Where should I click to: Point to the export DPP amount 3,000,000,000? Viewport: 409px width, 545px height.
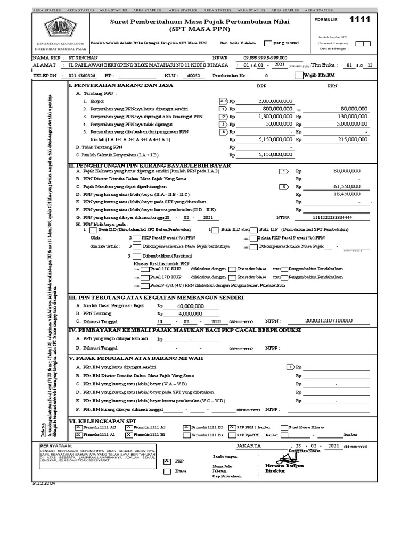[275, 100]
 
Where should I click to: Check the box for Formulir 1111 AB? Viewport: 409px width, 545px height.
[79, 427]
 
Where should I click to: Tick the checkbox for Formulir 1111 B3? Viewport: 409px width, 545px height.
[186, 434]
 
